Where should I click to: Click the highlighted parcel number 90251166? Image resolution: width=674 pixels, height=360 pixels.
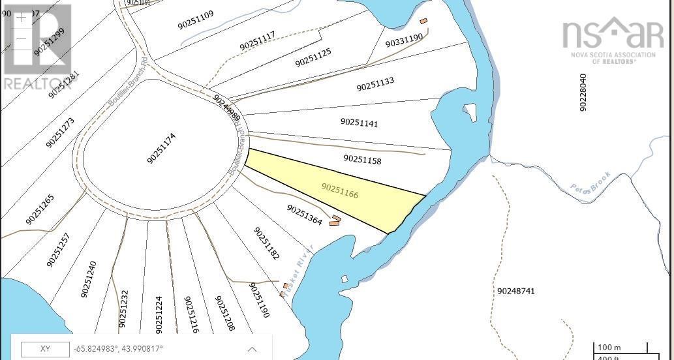[x=340, y=191]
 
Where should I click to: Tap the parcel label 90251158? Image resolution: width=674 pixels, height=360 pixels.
[x=362, y=159]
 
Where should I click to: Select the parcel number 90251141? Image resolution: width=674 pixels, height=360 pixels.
[x=359, y=123]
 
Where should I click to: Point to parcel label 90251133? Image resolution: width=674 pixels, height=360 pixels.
[x=375, y=85]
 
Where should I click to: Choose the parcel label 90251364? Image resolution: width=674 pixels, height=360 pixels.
[x=305, y=215]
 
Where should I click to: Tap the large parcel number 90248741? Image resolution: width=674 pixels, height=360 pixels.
[x=515, y=291]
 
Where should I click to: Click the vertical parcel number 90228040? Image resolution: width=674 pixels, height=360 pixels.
[x=583, y=92]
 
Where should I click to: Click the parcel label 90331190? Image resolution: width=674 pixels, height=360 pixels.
[x=404, y=42]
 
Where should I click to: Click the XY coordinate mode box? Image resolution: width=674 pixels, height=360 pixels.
[x=45, y=349]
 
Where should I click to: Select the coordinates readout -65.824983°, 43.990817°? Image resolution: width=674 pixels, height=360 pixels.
[x=118, y=349]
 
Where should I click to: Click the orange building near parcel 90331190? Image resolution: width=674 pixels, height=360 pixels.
[x=423, y=22]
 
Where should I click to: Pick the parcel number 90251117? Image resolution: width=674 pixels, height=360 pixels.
[x=257, y=41]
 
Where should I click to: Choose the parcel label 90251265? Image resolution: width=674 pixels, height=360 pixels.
[x=40, y=209]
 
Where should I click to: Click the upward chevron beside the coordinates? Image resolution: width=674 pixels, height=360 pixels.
[x=252, y=349]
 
